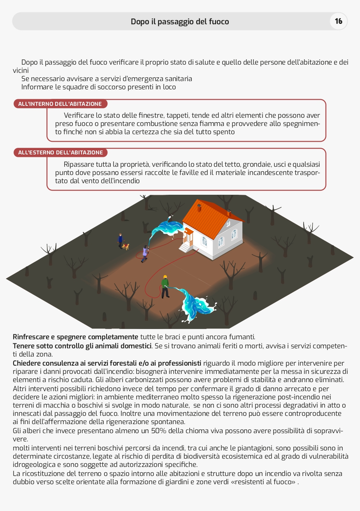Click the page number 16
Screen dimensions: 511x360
[339, 21]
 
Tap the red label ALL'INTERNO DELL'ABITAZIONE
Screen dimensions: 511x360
[60, 104]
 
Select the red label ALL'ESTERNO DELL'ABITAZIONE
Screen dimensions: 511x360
[60, 152]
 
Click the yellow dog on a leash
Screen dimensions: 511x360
[126, 246]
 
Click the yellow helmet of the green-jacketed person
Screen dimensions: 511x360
[165, 277]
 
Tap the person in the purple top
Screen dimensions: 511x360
[144, 253]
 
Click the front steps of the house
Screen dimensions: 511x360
[185, 247]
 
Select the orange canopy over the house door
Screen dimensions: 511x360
[188, 231]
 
